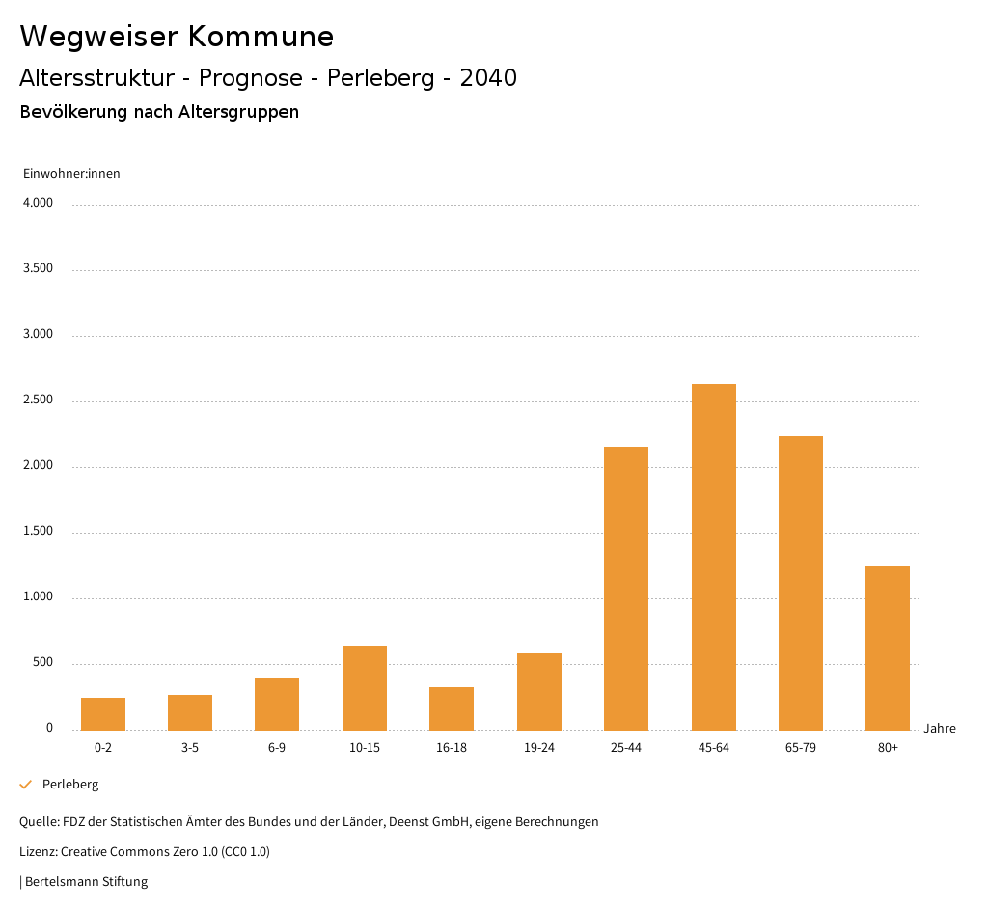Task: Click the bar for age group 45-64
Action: (x=713, y=557)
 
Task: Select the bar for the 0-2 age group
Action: (x=103, y=713)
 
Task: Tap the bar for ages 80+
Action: (x=888, y=648)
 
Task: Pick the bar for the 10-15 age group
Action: (x=365, y=687)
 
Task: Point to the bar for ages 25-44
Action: (x=626, y=588)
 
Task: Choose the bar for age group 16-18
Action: (x=452, y=708)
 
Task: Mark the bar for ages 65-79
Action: (x=801, y=583)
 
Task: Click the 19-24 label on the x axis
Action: (x=539, y=748)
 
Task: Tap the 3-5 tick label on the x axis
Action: (x=190, y=748)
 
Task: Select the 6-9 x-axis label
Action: (x=277, y=748)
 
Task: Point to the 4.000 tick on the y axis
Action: (x=38, y=204)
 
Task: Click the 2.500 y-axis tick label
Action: (x=38, y=401)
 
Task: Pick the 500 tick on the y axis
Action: (x=42, y=663)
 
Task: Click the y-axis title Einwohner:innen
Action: (x=71, y=174)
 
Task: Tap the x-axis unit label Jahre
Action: (x=939, y=729)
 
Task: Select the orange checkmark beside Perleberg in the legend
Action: (x=26, y=785)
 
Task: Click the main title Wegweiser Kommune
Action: (x=177, y=37)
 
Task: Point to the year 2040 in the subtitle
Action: (x=488, y=78)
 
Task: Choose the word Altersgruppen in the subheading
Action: (x=238, y=112)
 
